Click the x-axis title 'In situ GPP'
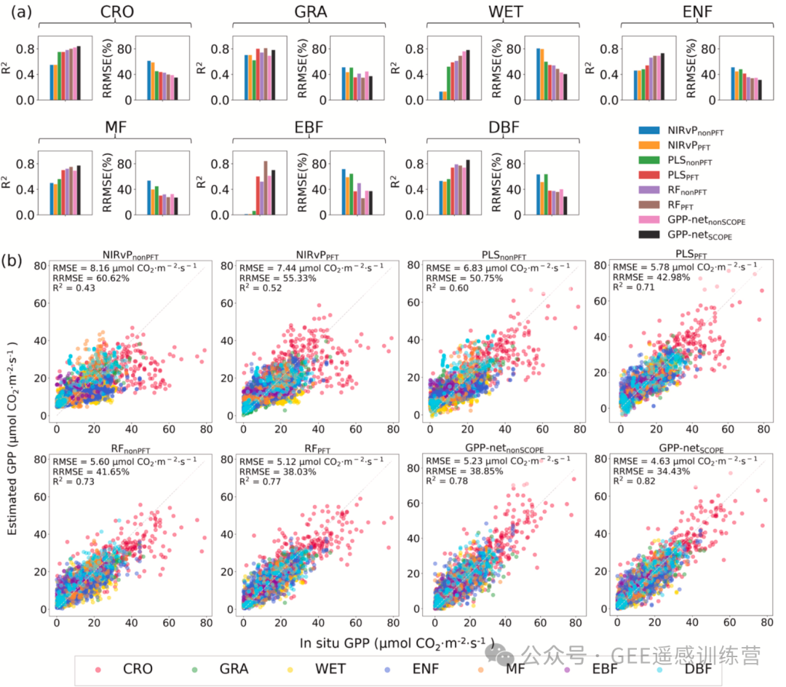(x=397, y=643)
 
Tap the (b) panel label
(x=16, y=261)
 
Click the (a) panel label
(x=16, y=12)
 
